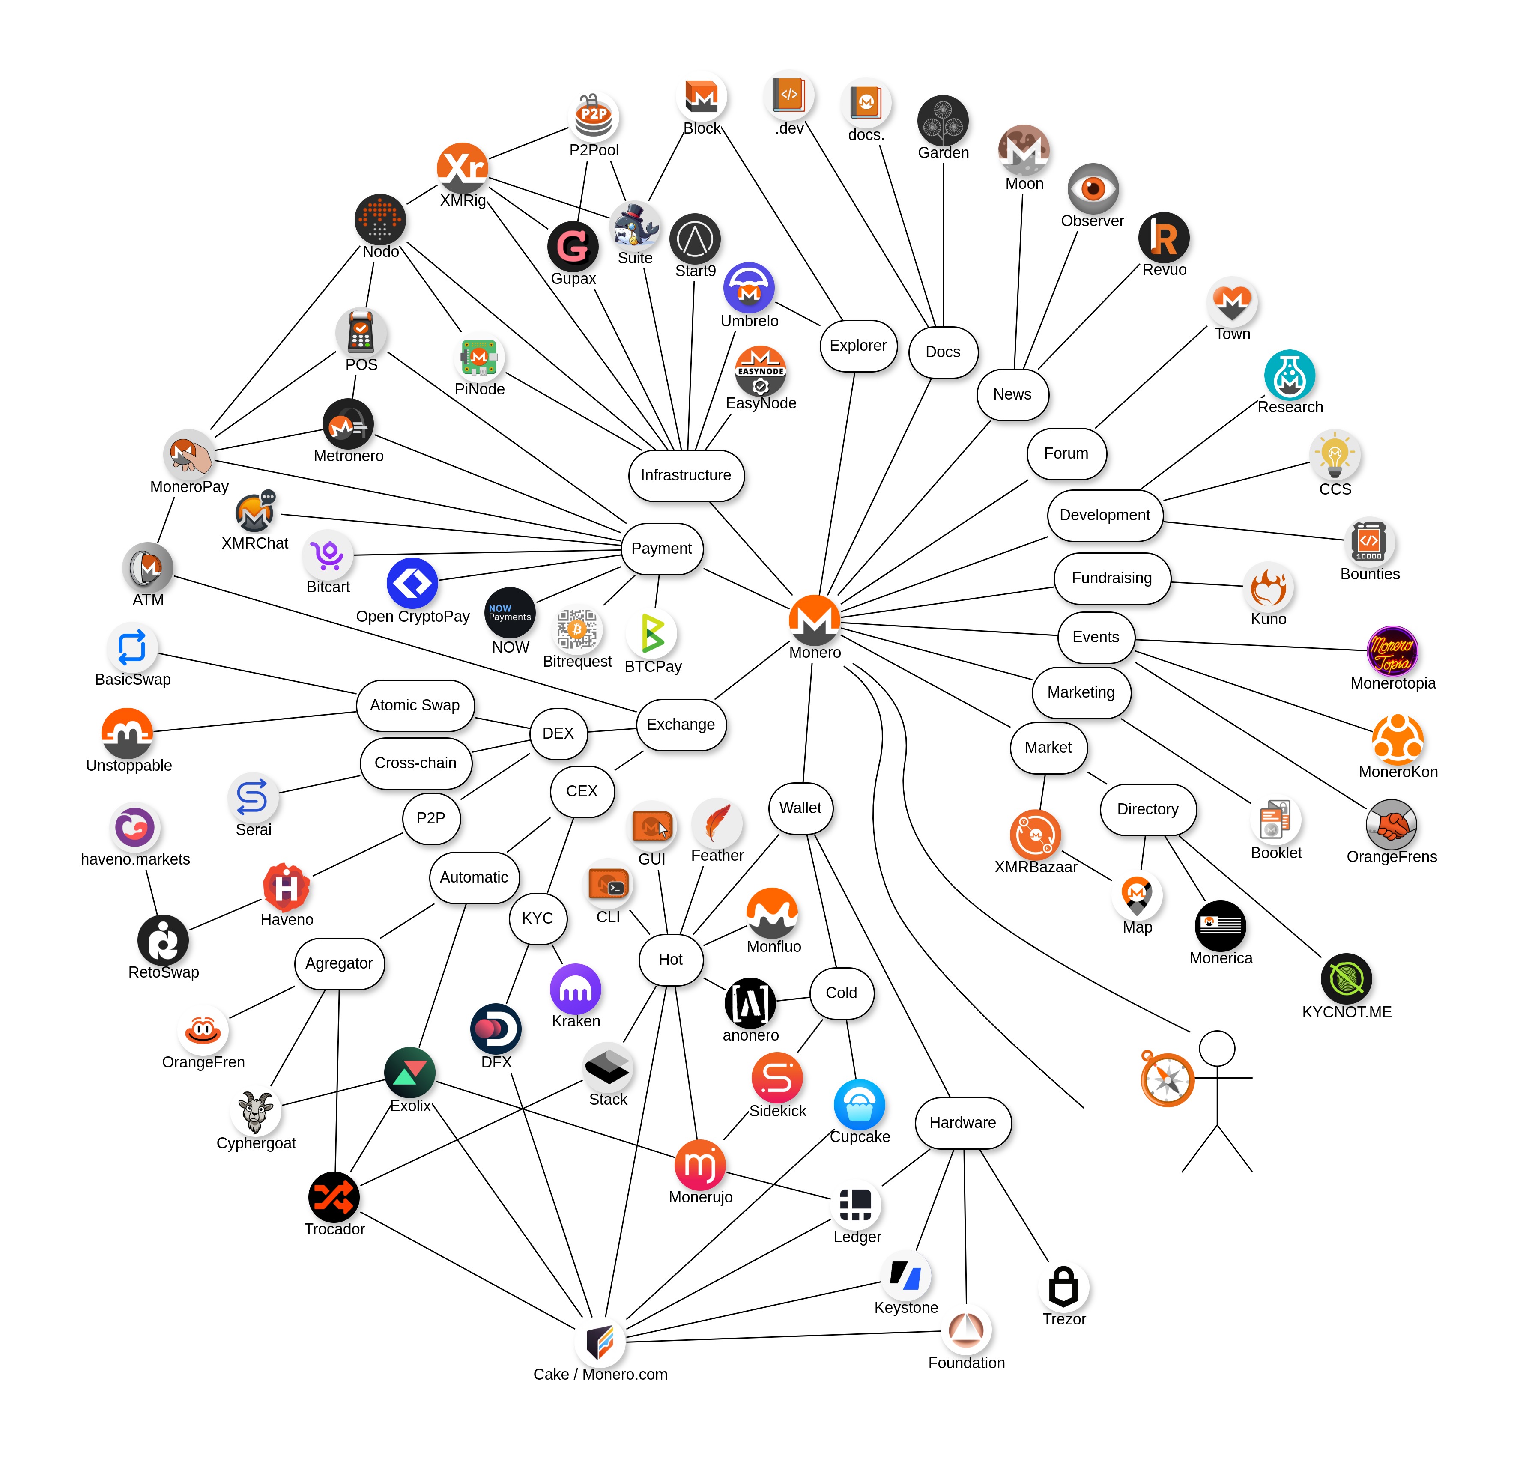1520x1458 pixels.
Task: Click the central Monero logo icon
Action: coord(814,619)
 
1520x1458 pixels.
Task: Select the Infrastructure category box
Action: coord(686,475)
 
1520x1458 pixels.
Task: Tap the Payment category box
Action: coord(662,548)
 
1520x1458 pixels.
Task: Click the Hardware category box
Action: coord(962,1122)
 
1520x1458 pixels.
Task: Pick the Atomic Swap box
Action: coord(415,705)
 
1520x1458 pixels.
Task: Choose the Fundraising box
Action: coord(1111,578)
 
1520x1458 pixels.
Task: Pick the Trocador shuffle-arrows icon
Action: coord(334,1197)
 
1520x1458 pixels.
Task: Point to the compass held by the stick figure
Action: coord(1167,1079)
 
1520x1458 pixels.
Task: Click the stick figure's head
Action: coord(1217,1049)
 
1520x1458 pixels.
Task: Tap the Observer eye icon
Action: coord(1093,188)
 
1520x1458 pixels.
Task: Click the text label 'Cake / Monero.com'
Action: coord(600,1374)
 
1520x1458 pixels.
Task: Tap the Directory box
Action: coord(1148,809)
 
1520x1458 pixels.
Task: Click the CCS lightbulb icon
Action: coord(1335,455)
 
